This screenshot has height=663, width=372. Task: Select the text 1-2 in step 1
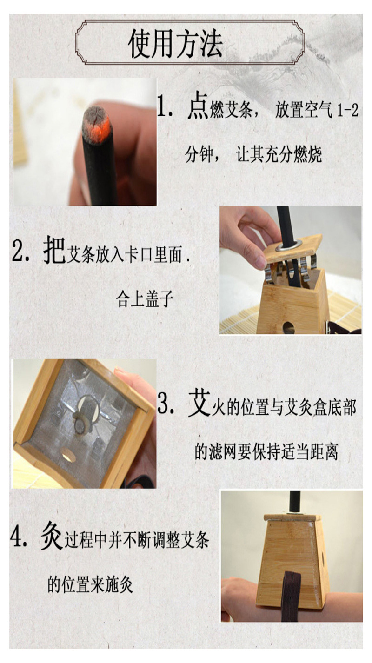tap(346, 112)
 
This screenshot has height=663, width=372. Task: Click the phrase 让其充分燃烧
tap(279, 155)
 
